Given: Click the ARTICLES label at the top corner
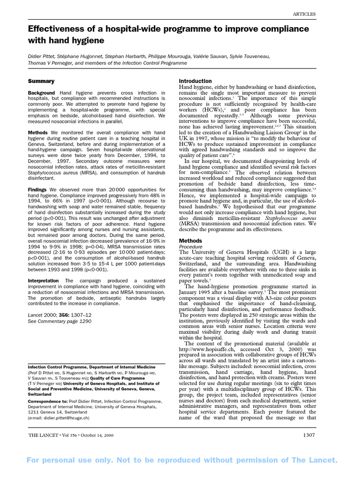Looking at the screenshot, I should tap(304, 14).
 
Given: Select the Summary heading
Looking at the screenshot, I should tap(41, 81).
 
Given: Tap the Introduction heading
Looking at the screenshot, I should tap(195, 81).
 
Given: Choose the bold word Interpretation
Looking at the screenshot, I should tap(44, 281).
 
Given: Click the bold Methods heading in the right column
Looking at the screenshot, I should tap(191, 240).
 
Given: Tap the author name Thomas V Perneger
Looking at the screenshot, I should tap(52, 63).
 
